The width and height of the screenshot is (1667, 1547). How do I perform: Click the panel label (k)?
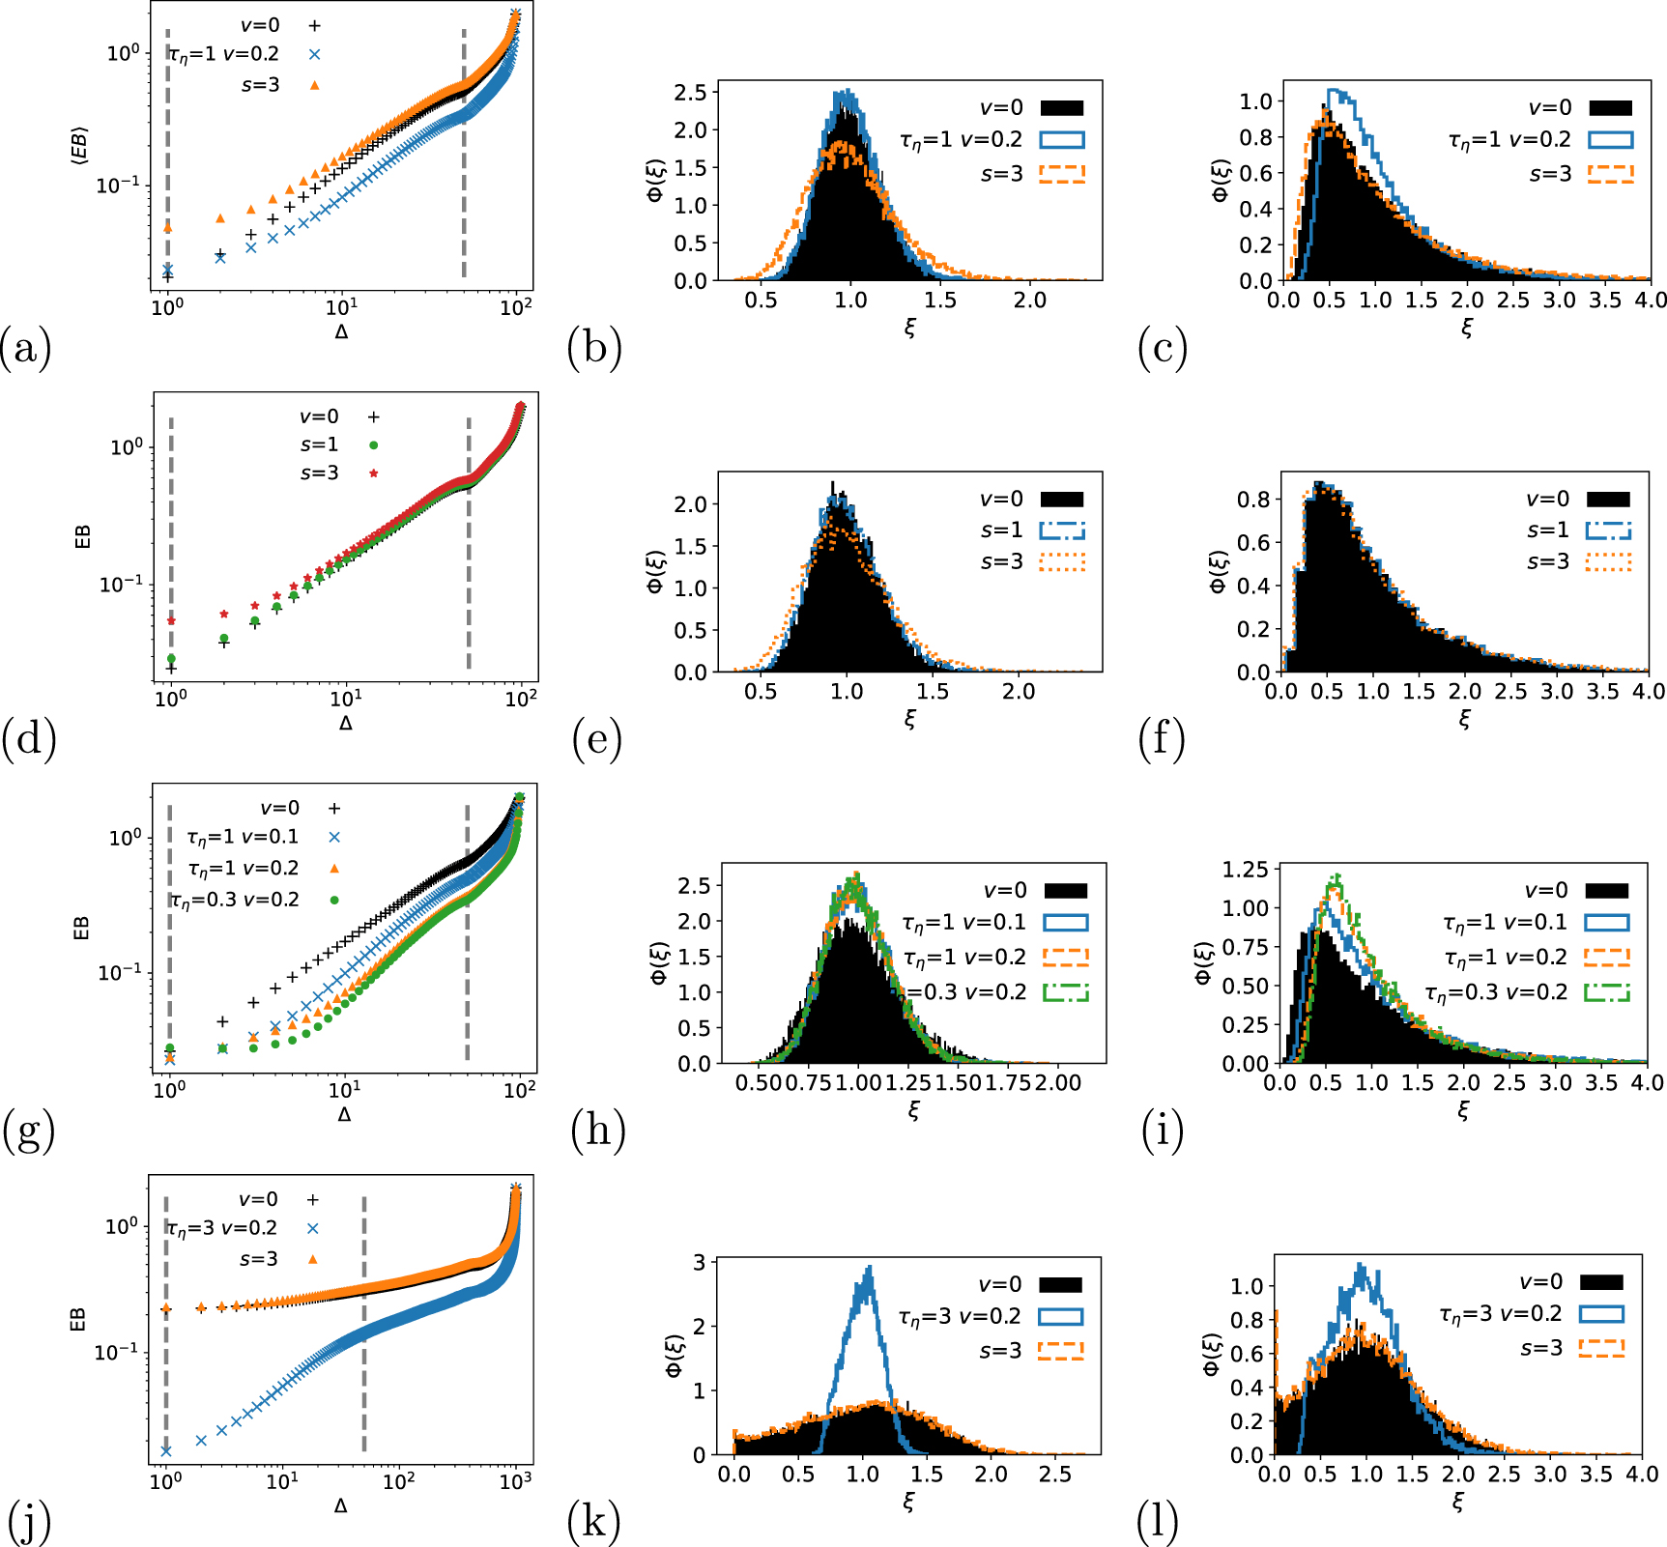click(592, 1522)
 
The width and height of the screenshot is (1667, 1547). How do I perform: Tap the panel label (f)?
click(1161, 739)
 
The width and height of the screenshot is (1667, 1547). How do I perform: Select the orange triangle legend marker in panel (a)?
click(314, 85)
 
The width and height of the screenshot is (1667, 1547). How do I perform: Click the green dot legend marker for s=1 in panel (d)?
click(373, 445)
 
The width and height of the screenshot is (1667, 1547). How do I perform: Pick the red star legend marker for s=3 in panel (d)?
click(373, 473)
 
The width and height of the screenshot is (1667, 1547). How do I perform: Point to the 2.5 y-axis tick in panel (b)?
click(693, 92)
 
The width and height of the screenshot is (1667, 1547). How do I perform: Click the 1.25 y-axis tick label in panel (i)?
click(1244, 869)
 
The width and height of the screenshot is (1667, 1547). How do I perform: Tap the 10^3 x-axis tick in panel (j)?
click(515, 1480)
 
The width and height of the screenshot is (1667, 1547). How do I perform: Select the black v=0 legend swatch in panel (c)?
click(1610, 108)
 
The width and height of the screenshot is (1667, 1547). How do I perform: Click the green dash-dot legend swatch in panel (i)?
click(1607, 992)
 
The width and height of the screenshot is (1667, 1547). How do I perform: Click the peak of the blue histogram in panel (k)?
click(869, 1269)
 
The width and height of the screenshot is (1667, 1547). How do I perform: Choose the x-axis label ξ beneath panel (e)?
click(909, 719)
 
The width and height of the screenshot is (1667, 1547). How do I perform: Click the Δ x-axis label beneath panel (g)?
click(344, 1114)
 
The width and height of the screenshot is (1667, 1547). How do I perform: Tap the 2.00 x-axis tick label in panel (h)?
click(1058, 1083)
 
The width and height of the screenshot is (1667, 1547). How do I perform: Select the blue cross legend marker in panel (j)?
click(312, 1228)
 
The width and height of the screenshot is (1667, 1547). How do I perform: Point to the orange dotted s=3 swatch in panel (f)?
click(1608, 561)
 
